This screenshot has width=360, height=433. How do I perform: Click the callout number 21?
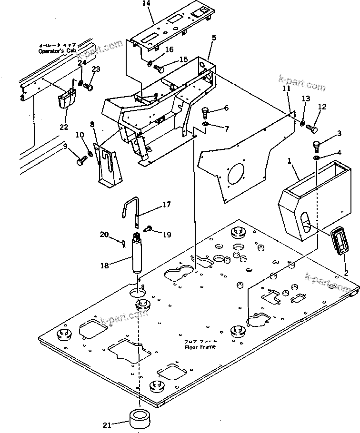click(x=108, y=424)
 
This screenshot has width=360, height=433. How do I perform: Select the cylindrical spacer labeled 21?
click(x=141, y=418)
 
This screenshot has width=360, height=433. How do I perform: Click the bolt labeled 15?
click(x=160, y=69)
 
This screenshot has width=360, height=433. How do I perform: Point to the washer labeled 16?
click(x=149, y=63)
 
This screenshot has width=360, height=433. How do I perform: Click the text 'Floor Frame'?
click(x=200, y=346)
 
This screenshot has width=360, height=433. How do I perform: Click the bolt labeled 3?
click(x=316, y=145)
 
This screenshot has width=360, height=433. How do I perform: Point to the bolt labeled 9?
click(x=80, y=161)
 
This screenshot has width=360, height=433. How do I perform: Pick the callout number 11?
click(x=286, y=89)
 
